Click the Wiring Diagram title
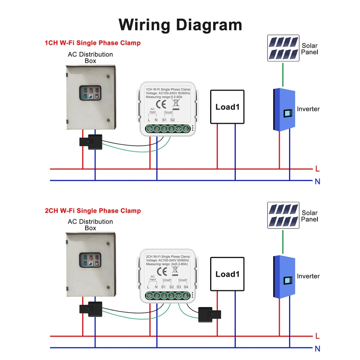180,25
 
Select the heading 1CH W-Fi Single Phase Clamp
92,43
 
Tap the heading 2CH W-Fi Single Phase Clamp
93,211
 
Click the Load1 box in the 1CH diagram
227,107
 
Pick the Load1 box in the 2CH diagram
227,274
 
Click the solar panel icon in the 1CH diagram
283,48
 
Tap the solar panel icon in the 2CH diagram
283,216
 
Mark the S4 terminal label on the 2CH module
186,287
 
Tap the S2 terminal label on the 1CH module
172,120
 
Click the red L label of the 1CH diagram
317,169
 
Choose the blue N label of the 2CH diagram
317,349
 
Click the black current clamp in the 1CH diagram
91,142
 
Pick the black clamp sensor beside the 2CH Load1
209,314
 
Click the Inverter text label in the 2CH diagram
308,276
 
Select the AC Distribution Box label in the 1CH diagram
90,58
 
